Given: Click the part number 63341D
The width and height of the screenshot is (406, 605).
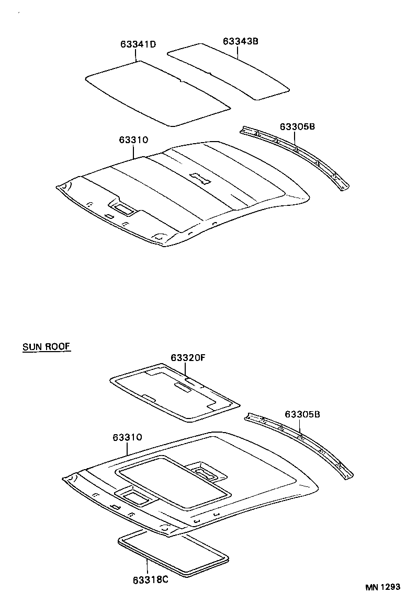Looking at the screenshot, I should (x=138, y=44).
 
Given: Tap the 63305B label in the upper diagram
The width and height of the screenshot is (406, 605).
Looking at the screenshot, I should (x=297, y=127).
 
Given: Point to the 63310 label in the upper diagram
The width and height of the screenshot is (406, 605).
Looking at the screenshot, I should (x=133, y=139).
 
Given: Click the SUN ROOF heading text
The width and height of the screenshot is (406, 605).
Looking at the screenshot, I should (x=47, y=346).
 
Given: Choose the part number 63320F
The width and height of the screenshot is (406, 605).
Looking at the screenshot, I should (x=189, y=358).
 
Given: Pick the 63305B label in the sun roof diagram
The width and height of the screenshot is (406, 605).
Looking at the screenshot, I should (x=302, y=414).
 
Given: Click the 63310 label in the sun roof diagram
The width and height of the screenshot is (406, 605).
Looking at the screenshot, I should (x=127, y=437).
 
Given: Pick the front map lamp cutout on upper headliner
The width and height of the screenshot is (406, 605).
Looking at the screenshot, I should (x=125, y=209).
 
